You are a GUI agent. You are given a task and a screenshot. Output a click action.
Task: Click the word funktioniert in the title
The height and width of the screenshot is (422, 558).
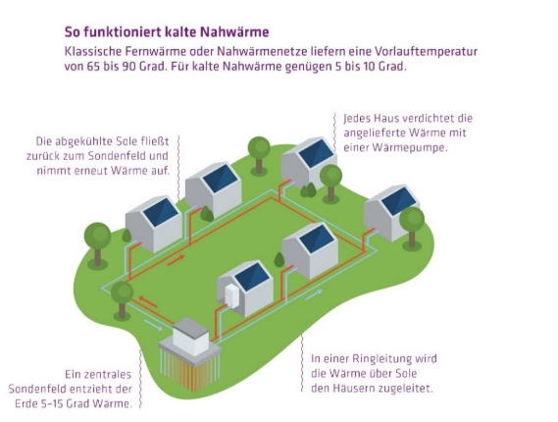[120, 32]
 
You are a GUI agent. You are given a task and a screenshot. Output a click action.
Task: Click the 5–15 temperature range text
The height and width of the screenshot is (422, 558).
[50, 403]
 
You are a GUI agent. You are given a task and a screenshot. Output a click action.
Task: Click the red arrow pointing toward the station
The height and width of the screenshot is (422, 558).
[148, 302]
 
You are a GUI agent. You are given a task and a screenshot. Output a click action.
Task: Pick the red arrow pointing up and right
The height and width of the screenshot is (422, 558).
[177, 260]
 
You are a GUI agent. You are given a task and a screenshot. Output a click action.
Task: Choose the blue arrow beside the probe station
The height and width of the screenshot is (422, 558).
[154, 326]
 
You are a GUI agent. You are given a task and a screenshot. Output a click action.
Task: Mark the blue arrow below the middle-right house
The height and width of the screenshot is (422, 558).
[314, 295]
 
